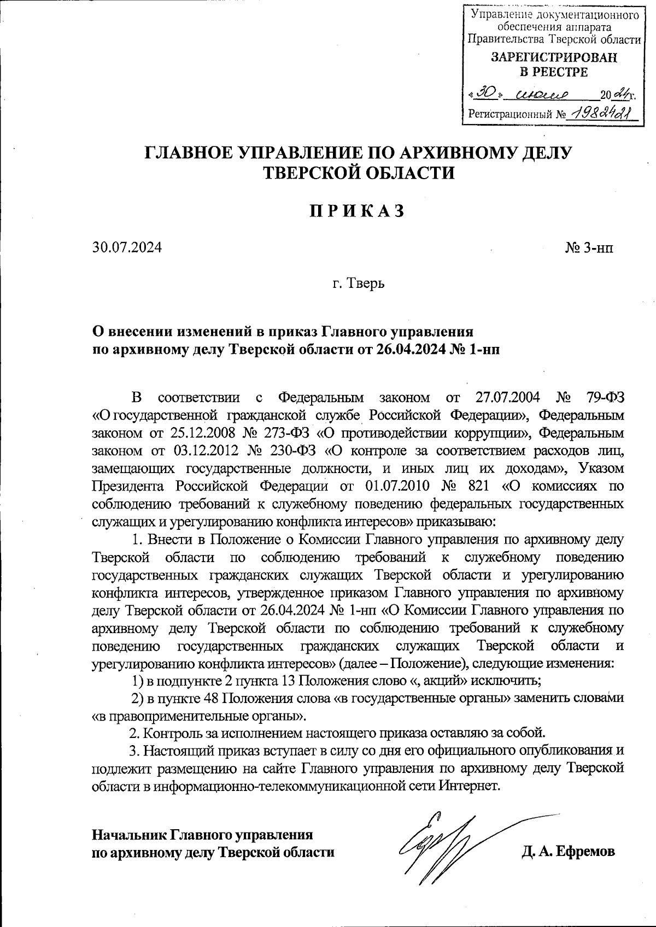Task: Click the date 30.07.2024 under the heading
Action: [x=127, y=247]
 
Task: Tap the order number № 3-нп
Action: [x=589, y=248]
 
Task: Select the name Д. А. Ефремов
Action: [x=569, y=852]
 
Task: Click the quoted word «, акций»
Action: [x=441, y=681]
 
